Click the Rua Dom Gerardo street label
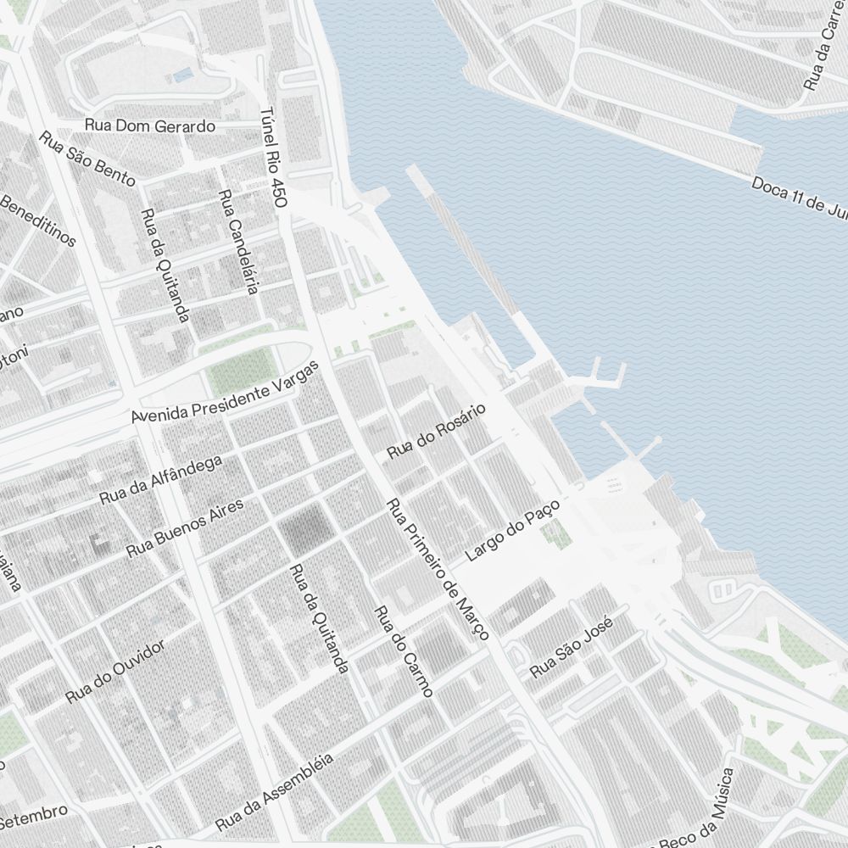(x=150, y=126)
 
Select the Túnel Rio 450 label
(x=274, y=158)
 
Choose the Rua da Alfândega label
(x=160, y=480)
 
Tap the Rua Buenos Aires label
(x=184, y=527)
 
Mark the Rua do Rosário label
(x=436, y=432)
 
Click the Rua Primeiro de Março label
(x=438, y=570)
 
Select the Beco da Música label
(x=697, y=807)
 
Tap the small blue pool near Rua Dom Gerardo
(x=182, y=76)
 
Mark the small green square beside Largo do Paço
(x=556, y=533)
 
